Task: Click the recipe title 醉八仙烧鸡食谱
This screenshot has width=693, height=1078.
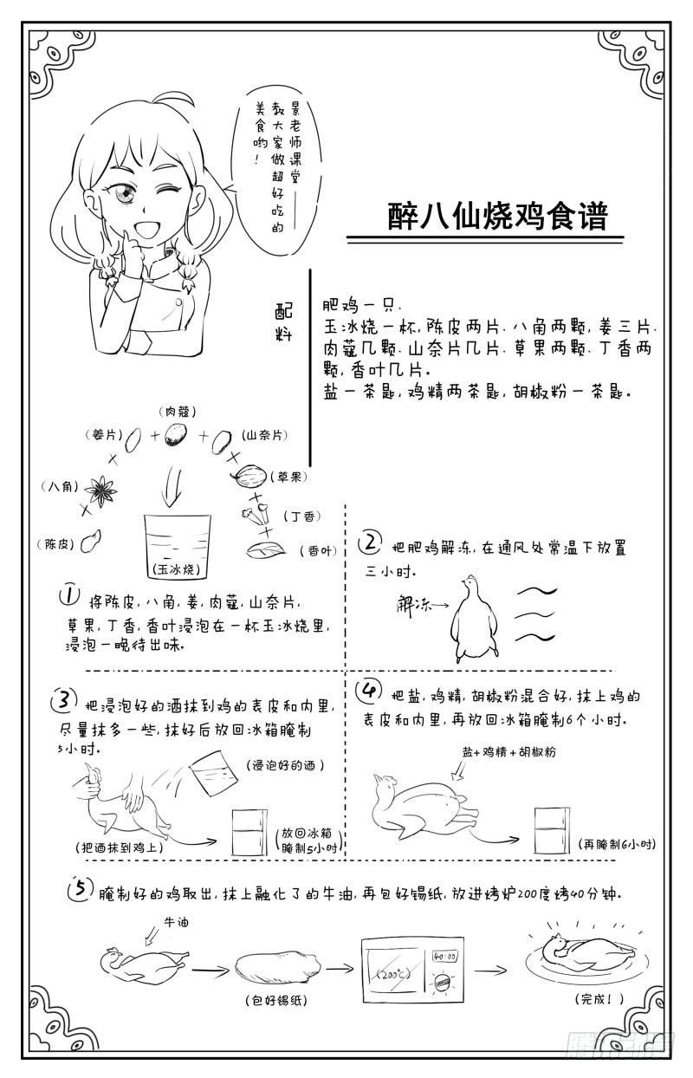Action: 498,216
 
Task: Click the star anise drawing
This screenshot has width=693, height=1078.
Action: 102,490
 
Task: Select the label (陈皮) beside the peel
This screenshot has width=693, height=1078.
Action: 56,544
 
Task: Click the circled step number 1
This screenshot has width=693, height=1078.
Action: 68,596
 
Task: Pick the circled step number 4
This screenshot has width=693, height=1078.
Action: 369,692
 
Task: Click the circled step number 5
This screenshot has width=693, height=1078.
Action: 81,888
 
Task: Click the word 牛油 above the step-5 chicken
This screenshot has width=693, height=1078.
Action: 176,923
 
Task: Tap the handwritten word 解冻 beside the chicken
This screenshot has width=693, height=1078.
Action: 412,603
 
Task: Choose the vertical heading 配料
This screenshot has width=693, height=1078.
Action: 284,322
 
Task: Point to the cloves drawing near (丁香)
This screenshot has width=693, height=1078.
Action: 256,515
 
